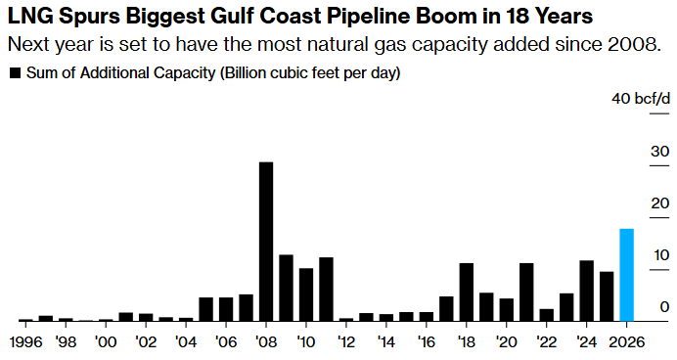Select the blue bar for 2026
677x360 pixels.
(627, 275)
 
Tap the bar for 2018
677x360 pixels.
(467, 292)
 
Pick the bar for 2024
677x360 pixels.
(587, 291)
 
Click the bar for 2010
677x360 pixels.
(306, 294)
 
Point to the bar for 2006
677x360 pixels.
(226, 309)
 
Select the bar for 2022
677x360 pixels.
(547, 315)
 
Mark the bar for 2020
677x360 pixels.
(507, 309)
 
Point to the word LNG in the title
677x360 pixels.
(28, 17)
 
